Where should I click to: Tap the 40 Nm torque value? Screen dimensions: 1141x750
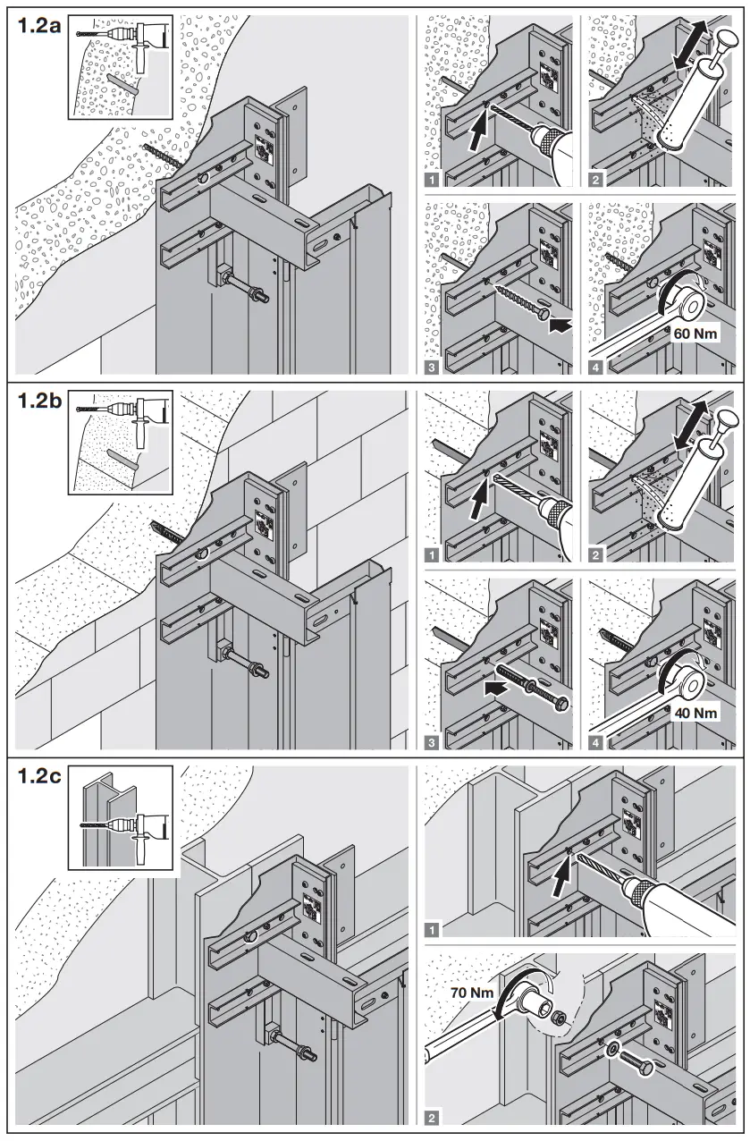tap(693, 714)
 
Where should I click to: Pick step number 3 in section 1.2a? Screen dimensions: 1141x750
tap(434, 367)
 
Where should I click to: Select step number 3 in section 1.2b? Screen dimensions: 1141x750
tap(434, 742)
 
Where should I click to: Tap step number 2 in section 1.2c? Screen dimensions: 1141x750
tap(434, 1117)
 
